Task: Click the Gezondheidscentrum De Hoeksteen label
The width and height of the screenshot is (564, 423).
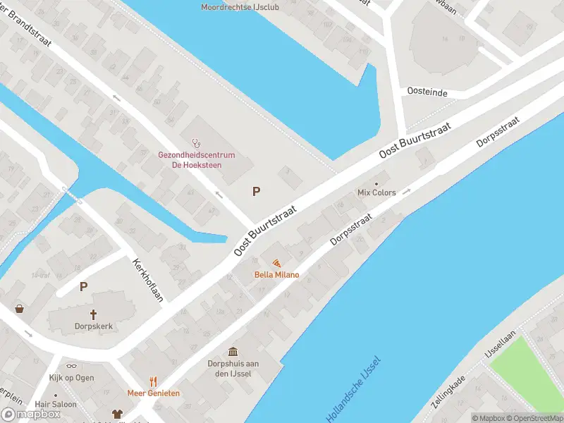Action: click(197, 160)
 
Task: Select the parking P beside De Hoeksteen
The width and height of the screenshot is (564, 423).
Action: click(256, 191)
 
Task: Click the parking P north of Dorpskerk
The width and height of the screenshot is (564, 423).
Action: click(83, 287)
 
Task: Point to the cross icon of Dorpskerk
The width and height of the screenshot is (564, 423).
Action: click(93, 314)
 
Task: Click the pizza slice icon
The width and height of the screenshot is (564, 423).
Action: click(276, 263)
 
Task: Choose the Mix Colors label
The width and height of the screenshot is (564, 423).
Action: click(376, 192)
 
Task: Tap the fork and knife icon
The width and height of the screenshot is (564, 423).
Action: click(153, 381)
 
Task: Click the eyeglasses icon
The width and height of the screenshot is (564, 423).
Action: click(71, 366)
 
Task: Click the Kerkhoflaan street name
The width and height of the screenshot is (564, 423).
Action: click(148, 279)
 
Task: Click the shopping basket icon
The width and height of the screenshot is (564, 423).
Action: click(20, 308)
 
